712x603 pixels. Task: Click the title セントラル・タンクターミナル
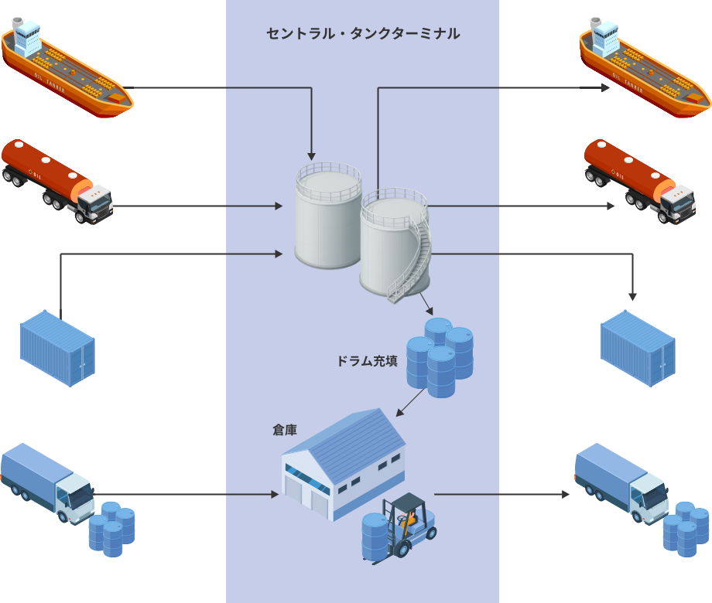click(x=362, y=34)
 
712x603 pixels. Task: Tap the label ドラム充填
click(x=367, y=361)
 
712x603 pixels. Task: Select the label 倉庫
click(x=284, y=430)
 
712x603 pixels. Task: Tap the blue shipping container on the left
click(x=57, y=348)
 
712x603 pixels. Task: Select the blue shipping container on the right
click(x=638, y=348)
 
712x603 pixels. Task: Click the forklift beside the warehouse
click(x=409, y=526)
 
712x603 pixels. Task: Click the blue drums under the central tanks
click(x=440, y=356)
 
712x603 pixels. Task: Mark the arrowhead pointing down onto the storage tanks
click(x=311, y=156)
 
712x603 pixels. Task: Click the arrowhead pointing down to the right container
click(x=632, y=297)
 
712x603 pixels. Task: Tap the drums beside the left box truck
click(x=111, y=529)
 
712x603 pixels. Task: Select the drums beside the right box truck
click(x=686, y=529)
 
